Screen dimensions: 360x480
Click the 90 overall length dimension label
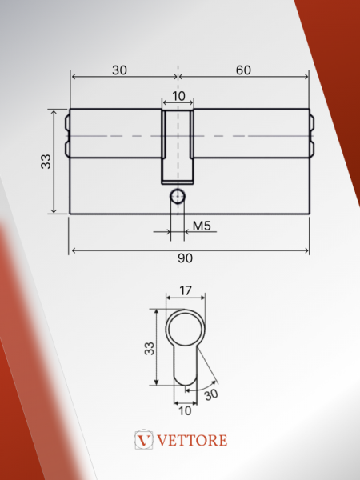tap(186, 258)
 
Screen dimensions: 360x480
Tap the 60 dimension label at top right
tap(243, 70)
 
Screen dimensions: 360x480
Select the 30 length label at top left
tap(119, 70)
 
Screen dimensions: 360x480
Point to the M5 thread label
tap(202, 226)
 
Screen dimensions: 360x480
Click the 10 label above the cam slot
tap(178, 96)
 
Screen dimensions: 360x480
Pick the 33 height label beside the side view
tap(46, 162)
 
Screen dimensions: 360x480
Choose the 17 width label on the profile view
tap(186, 290)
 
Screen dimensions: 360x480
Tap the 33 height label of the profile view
tap(150, 348)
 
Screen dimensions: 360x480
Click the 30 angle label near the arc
tap(211, 394)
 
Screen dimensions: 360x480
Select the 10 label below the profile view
tap(185, 411)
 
